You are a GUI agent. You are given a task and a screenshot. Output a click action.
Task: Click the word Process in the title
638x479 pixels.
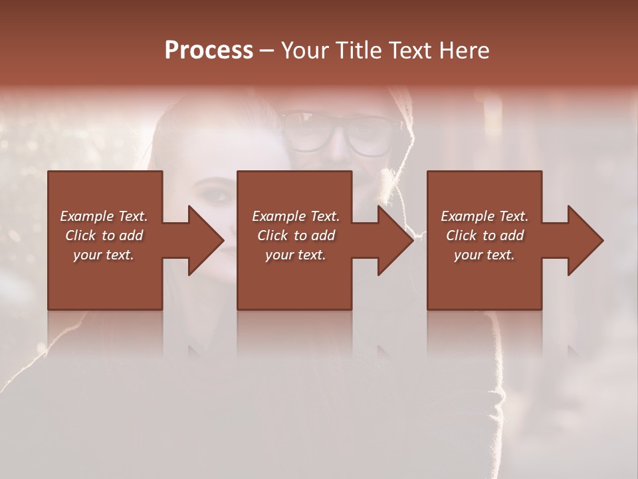click(x=209, y=51)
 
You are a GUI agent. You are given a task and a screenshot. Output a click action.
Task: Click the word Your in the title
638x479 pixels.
click(x=306, y=51)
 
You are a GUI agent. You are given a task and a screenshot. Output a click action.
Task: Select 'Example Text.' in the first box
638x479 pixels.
click(x=104, y=216)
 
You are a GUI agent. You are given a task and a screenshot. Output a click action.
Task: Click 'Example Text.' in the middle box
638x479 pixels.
click(x=296, y=216)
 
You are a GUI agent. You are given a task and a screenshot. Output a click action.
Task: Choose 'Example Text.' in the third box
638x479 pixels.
click(x=484, y=216)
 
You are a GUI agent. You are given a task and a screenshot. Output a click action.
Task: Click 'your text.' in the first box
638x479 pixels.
click(x=104, y=255)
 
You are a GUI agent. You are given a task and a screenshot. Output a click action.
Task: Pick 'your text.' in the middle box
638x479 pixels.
click(x=296, y=255)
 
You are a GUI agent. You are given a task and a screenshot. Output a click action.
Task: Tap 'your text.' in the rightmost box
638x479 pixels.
click(x=484, y=255)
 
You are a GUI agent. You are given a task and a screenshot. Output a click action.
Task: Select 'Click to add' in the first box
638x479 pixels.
click(x=104, y=236)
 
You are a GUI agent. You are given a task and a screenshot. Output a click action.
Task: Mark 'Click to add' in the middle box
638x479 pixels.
click(x=296, y=236)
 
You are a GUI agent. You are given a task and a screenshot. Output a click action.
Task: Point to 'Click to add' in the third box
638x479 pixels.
click(x=484, y=236)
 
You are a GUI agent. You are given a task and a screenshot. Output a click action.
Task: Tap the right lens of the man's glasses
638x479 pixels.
click(x=369, y=136)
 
